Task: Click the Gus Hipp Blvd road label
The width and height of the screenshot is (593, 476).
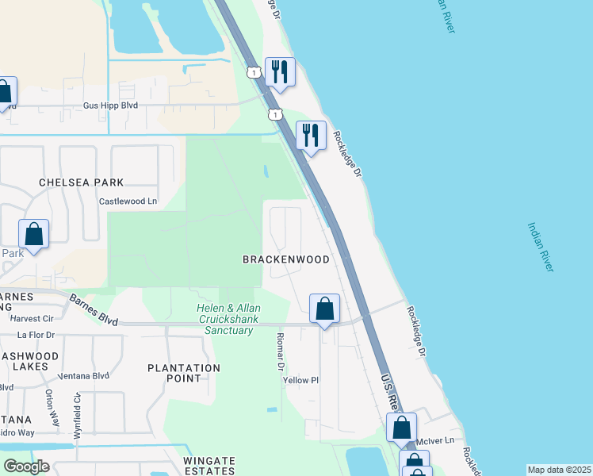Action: tap(111, 105)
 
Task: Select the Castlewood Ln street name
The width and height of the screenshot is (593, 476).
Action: tap(128, 202)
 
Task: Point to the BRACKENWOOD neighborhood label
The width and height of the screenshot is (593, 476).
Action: tap(285, 259)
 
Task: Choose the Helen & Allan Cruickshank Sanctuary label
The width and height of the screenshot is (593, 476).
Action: tap(229, 319)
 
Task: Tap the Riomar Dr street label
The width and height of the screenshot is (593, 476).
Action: tap(280, 351)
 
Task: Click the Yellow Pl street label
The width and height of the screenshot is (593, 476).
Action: tap(300, 380)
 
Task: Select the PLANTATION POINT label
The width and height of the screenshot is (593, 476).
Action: tap(184, 373)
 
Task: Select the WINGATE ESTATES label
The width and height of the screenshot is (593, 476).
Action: tap(209, 466)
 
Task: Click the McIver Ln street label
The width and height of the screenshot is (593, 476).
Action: tap(442, 440)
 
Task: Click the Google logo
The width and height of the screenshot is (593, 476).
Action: tap(26, 466)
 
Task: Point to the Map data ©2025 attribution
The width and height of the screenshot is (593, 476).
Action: tap(558, 470)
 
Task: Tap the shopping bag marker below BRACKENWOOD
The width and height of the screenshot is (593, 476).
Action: tap(324, 309)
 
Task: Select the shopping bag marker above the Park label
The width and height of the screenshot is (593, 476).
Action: tap(34, 235)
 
